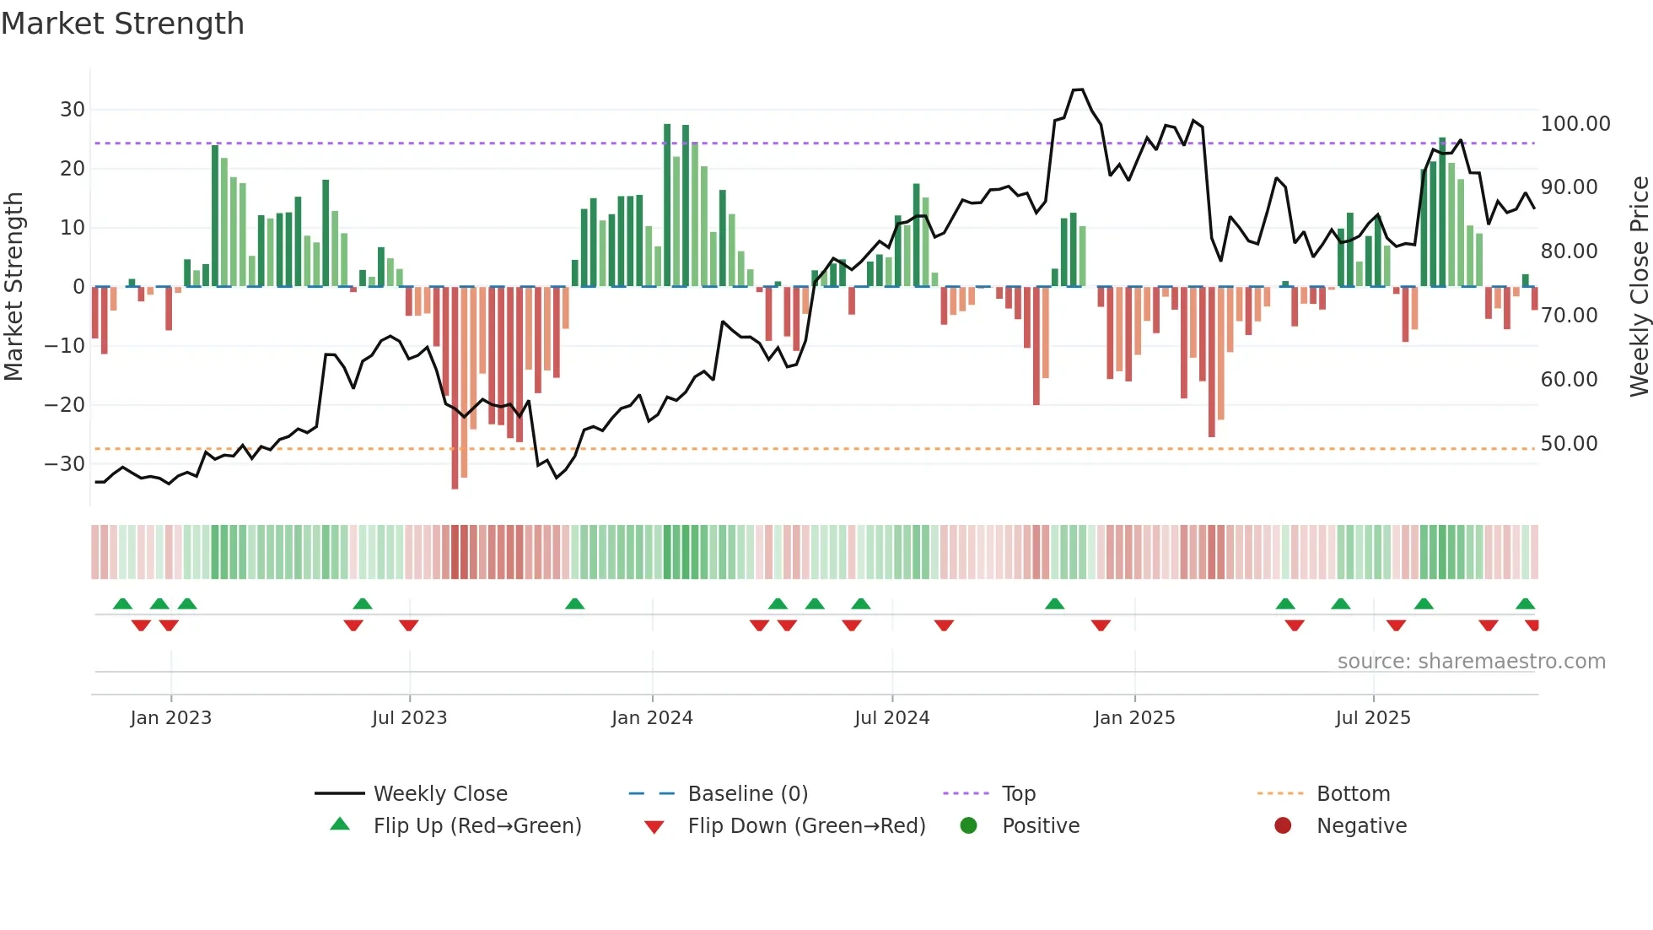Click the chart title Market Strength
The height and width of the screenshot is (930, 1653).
tap(122, 24)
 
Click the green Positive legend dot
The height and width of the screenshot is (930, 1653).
tap(968, 826)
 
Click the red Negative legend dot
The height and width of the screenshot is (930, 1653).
tap(1283, 826)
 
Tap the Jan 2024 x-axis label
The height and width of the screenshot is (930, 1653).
tap(652, 718)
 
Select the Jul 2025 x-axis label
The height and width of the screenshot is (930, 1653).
tap(1372, 718)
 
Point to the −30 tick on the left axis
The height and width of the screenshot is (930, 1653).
tap(65, 464)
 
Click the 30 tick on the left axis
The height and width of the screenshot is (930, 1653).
tap(72, 110)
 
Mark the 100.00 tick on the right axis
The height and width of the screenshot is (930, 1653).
tap(1575, 124)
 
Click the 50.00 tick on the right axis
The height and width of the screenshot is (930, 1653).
tap(1569, 444)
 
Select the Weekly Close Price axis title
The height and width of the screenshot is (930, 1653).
tap(1639, 287)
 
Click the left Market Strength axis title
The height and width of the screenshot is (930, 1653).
tap(13, 287)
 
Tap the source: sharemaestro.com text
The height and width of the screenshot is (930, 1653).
tap(1471, 662)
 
